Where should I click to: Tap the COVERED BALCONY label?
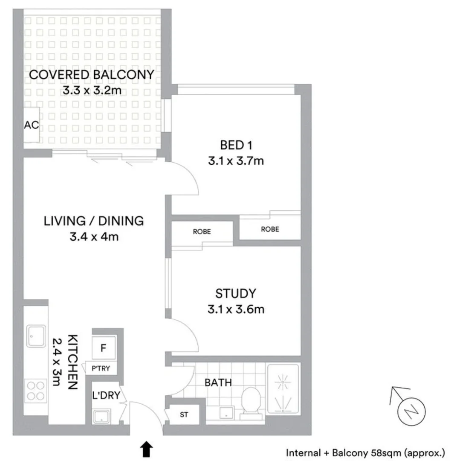[x=91, y=75]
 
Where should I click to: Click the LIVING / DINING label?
[x=94, y=221]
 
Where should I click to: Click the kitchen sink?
[x=36, y=336]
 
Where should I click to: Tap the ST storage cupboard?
[x=184, y=414]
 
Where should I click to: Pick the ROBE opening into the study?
[x=202, y=232]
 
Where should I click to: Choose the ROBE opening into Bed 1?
[x=270, y=229]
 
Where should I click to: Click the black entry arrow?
[x=146, y=448]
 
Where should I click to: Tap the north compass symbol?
[x=410, y=411]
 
